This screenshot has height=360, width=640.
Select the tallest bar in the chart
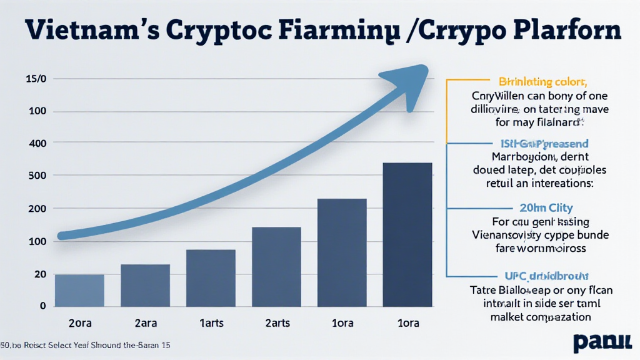(x=407, y=234)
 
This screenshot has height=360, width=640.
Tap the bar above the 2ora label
(x=79, y=290)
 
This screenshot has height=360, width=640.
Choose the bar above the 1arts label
(x=211, y=277)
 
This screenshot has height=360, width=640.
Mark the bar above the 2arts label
(x=276, y=266)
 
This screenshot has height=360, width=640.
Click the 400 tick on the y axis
(x=37, y=143)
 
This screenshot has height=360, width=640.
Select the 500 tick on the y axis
(x=37, y=176)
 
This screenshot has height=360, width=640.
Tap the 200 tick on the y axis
(x=37, y=208)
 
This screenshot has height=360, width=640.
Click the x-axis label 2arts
(x=276, y=323)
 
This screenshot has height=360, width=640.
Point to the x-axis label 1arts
(x=211, y=323)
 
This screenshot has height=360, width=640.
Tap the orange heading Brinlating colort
(x=542, y=81)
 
